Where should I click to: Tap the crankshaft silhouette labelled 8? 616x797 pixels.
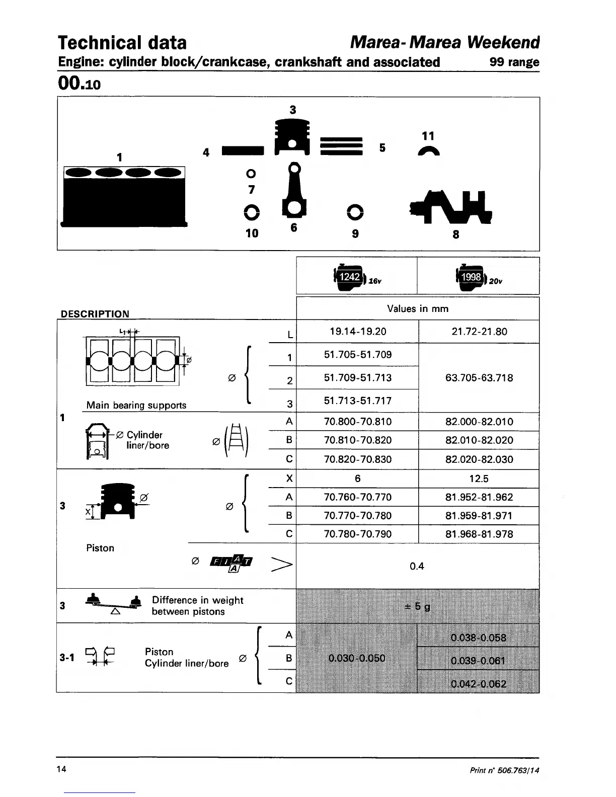click(x=451, y=206)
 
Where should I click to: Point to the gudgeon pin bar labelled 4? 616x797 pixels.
click(x=242, y=150)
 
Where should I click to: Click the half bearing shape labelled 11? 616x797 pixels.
click(x=429, y=151)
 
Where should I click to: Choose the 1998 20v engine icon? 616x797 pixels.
click(x=472, y=277)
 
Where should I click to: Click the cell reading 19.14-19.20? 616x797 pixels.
click(x=358, y=332)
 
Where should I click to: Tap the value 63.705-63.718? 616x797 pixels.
click(x=479, y=378)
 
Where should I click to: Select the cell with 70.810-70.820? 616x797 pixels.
click(x=358, y=440)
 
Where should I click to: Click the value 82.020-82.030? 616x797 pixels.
click(x=479, y=459)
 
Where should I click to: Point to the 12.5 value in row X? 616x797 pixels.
click(x=479, y=479)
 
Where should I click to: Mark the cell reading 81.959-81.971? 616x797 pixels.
click(x=479, y=516)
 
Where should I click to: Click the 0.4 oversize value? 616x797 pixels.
click(x=417, y=567)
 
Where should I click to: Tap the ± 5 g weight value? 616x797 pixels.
click(x=418, y=606)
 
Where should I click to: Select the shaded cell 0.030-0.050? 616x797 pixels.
click(x=357, y=658)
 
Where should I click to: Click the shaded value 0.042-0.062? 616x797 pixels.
click(x=479, y=684)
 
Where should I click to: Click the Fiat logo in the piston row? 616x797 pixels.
click(x=231, y=563)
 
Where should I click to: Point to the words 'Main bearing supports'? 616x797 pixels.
click(x=136, y=405)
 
